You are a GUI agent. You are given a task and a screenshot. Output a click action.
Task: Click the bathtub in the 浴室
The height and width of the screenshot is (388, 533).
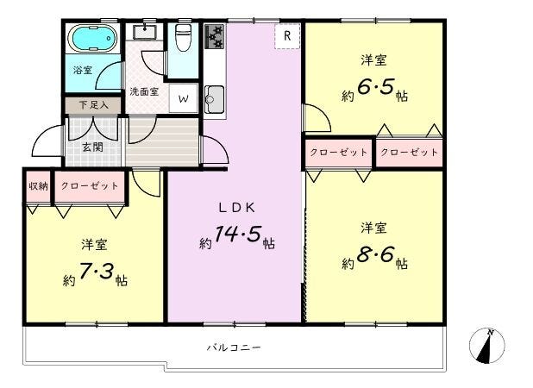92,39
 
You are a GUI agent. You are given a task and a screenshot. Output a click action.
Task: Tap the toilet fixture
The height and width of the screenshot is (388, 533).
183,37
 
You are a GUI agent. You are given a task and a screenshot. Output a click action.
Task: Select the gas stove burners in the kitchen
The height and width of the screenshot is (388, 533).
215,36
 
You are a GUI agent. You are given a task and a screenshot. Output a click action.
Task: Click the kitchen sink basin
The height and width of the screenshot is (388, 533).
214,99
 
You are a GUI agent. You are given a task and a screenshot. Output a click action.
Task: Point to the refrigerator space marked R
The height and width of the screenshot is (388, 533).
287,36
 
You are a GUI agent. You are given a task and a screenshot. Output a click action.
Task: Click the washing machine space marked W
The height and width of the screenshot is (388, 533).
183,98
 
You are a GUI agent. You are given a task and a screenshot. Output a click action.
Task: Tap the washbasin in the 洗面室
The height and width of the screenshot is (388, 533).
145,32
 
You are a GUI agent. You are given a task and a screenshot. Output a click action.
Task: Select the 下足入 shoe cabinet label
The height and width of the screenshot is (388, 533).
93,104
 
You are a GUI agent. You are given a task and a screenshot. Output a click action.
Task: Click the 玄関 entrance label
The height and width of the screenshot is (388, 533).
92,147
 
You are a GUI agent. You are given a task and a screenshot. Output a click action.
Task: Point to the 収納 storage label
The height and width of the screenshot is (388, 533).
39,186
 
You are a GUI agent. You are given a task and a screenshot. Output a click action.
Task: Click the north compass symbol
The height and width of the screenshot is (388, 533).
486,346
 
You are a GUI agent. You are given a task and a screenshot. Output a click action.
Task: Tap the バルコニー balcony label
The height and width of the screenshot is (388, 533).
234,347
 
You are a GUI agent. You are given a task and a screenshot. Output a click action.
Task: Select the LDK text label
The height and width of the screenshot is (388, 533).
236,208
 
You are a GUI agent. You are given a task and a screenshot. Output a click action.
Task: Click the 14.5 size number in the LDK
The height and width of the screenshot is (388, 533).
237,234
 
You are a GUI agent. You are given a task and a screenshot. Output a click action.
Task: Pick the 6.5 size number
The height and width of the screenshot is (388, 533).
375,87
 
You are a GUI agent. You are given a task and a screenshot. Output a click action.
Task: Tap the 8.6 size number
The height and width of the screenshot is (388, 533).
375,255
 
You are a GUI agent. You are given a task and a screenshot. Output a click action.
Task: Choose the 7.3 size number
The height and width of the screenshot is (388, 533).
97,272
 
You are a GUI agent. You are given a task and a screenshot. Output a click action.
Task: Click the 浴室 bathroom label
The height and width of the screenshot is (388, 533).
83,71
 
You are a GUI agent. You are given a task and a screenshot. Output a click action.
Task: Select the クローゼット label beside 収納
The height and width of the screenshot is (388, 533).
90,186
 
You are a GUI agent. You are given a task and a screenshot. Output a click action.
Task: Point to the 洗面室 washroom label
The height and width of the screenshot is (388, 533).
144,91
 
